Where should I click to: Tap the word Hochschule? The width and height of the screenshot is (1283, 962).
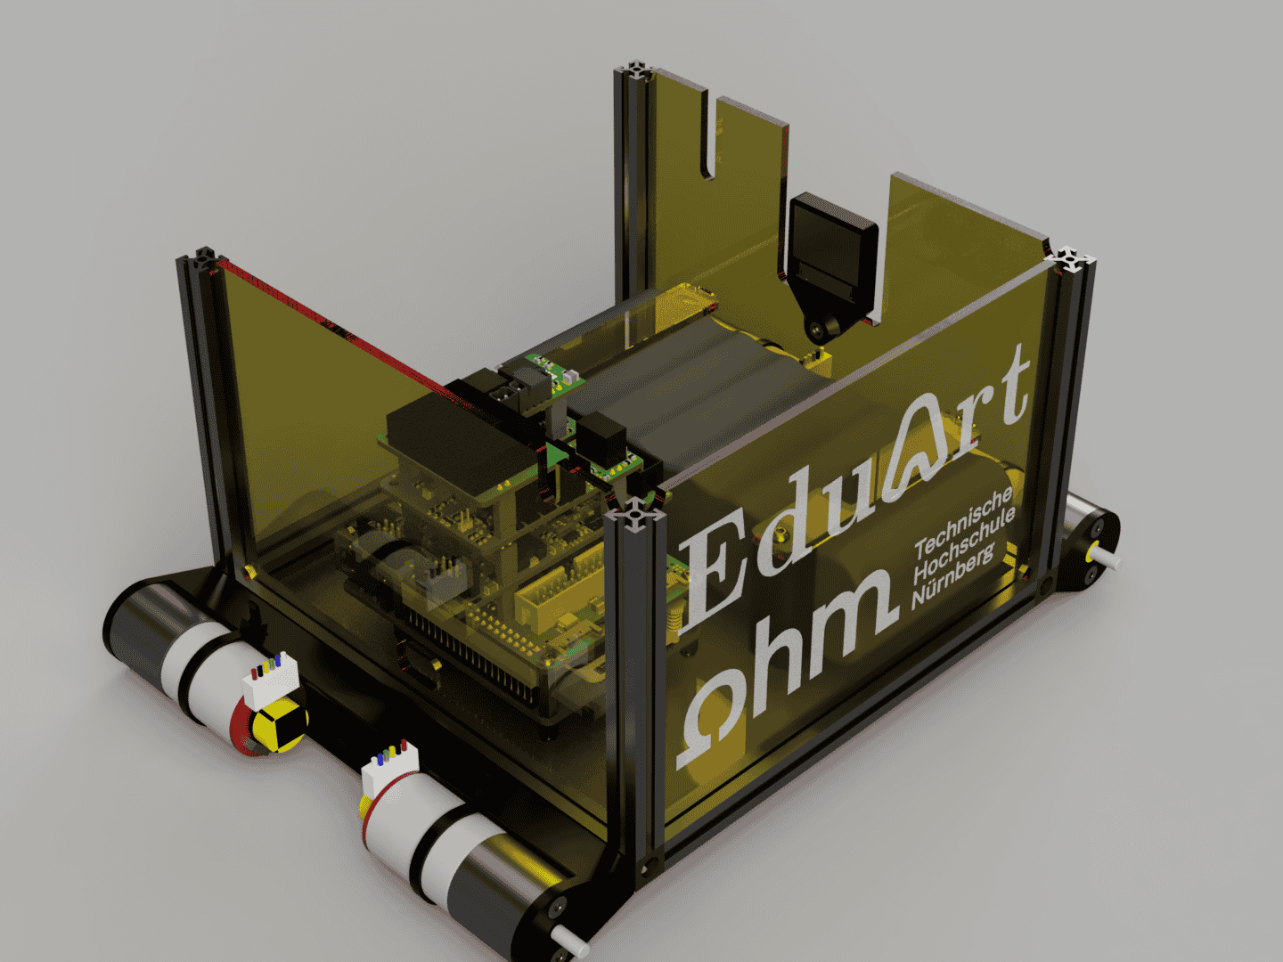tap(964, 545)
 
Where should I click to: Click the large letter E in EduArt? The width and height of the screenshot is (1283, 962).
tap(713, 572)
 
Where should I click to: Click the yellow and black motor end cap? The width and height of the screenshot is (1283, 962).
tap(279, 724)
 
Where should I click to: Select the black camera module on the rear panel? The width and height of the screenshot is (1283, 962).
tap(832, 249)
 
